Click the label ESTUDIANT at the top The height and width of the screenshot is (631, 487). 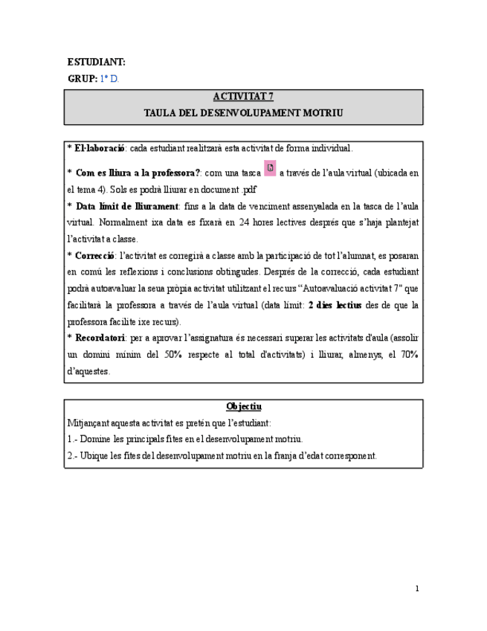coord(96,63)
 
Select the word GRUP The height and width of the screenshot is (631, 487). coord(82,78)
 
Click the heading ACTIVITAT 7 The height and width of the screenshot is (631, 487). coord(243,97)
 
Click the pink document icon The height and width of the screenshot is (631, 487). coord(270,168)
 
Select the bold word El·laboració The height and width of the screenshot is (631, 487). coord(100,149)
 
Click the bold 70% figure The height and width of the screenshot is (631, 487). coord(408,354)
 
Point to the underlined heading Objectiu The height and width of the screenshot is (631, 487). coord(243,406)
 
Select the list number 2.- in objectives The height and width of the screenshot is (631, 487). coord(71,455)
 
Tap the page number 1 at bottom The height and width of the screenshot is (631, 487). coord(417,589)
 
